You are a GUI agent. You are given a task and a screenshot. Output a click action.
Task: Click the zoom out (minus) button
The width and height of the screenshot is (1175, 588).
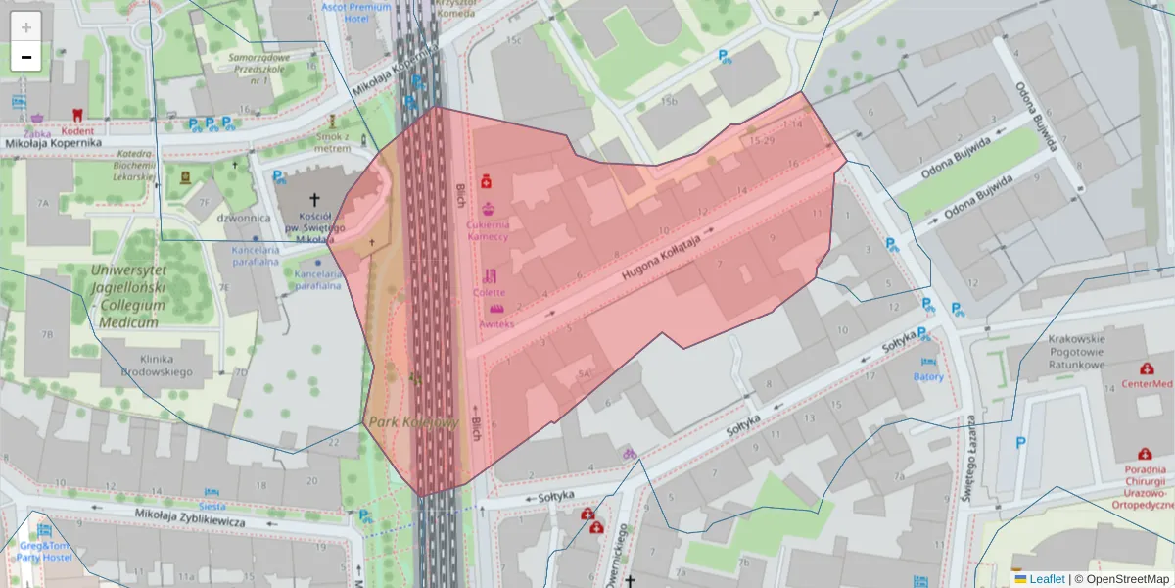(x=26, y=57)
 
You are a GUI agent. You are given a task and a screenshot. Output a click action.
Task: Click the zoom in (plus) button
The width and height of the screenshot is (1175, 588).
(x=26, y=26)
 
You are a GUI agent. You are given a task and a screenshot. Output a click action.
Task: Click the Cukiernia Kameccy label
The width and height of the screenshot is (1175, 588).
(x=487, y=230)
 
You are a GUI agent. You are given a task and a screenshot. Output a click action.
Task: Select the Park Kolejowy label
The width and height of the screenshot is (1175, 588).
(x=413, y=421)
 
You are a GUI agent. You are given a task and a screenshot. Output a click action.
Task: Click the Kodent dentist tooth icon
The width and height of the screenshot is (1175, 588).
(x=80, y=116)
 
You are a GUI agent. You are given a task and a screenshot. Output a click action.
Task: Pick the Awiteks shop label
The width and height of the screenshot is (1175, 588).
(x=496, y=323)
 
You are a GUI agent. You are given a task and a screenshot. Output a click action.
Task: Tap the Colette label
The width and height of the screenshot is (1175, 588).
(x=490, y=292)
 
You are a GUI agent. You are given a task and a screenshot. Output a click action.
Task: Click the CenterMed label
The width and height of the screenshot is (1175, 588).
(x=1147, y=384)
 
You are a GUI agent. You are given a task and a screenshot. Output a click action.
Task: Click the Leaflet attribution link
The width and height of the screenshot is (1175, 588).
(x=1047, y=579)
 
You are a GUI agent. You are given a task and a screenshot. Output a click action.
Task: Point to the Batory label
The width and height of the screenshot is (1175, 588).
(x=928, y=376)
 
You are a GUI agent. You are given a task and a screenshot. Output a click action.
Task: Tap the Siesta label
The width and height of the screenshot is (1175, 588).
(x=211, y=506)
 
